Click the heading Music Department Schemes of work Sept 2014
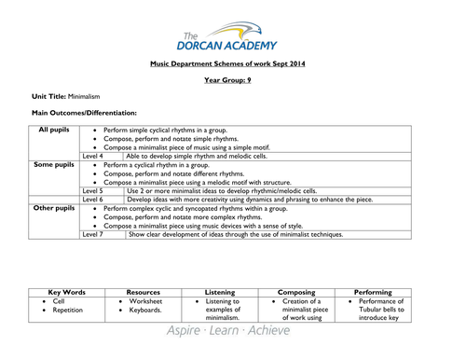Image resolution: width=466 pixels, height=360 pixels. click(232, 64)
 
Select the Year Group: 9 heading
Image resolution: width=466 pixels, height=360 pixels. click(232, 80)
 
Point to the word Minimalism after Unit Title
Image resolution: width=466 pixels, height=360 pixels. click(87, 96)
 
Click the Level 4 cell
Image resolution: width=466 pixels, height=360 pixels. click(92, 156)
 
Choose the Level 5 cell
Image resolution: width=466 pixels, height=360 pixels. click(92, 190)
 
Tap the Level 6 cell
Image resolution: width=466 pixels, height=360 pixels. click(92, 200)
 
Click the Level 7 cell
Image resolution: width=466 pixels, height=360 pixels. click(92, 235)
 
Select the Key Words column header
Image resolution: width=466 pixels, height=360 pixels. click(66, 292)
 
